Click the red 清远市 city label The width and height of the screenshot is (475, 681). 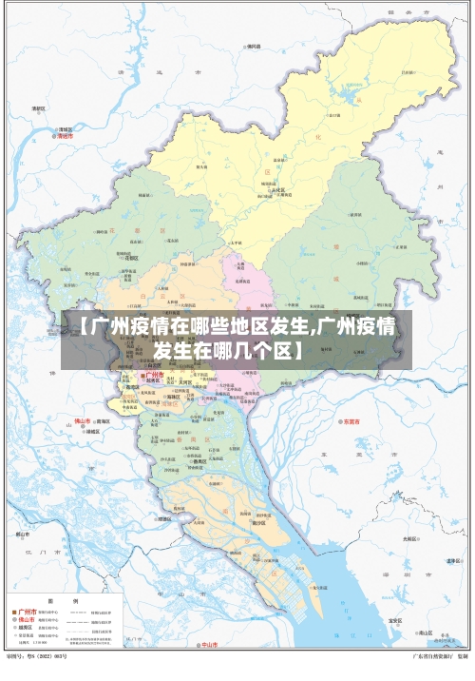(66, 136)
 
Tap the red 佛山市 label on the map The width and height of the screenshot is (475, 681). (83, 419)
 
